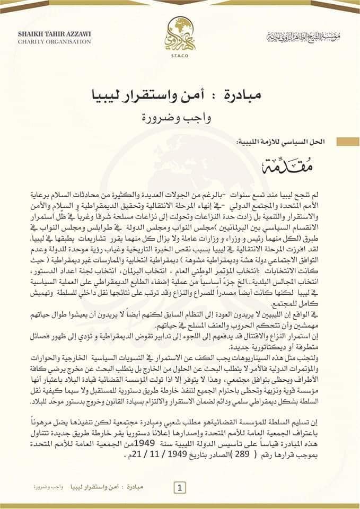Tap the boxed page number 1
point(180,486)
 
